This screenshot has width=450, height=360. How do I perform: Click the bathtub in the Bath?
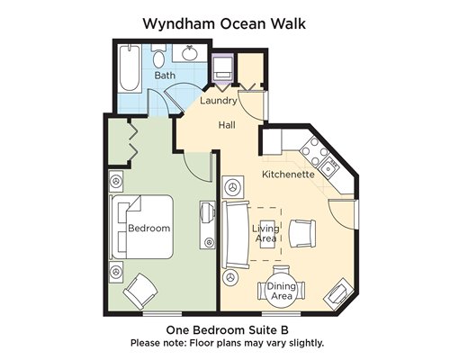[130, 68]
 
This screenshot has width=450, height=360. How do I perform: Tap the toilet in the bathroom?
[158, 56]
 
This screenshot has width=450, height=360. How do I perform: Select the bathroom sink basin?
[190, 53]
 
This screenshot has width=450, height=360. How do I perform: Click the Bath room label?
[165, 75]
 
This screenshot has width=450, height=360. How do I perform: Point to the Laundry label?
[219, 101]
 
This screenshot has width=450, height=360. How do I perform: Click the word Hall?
[227, 125]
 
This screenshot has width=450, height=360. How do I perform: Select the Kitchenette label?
[288, 175]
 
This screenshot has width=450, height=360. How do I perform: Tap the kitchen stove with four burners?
[315, 151]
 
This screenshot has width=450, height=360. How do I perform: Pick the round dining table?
[282, 291]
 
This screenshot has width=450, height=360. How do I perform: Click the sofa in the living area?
[236, 235]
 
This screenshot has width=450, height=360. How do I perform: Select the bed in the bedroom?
[141, 227]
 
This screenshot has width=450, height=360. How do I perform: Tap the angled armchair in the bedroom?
[140, 291]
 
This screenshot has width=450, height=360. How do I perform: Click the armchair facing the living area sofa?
[302, 233]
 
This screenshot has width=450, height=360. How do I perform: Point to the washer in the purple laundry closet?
[222, 68]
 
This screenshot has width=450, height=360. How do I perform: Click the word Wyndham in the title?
[179, 23]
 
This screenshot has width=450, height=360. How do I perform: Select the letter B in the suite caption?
[284, 330]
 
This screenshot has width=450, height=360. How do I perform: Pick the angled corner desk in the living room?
[338, 295]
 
